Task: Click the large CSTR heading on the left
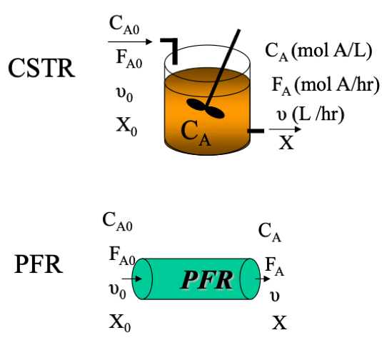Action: tap(41, 68)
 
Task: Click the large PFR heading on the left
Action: tap(39, 264)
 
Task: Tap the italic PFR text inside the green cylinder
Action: tap(206, 280)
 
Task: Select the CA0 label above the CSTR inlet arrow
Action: tap(124, 25)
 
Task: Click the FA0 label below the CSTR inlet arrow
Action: tap(129, 59)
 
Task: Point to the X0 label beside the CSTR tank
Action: tap(126, 126)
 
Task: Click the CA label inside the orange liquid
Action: tap(196, 133)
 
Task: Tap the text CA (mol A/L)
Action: tap(318, 51)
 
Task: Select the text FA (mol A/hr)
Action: tap(326, 85)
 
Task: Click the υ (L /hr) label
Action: tap(311, 114)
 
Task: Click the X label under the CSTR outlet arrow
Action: tap(286, 143)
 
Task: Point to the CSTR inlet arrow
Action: tap(130, 41)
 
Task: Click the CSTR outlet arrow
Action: tap(285, 129)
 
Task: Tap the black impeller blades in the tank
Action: tap(206, 109)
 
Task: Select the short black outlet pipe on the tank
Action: tap(256, 131)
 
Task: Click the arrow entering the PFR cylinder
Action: tap(132, 279)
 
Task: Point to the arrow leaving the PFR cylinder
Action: tap(263, 279)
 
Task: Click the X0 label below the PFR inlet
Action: tap(120, 323)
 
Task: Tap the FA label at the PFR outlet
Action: tap(275, 266)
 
